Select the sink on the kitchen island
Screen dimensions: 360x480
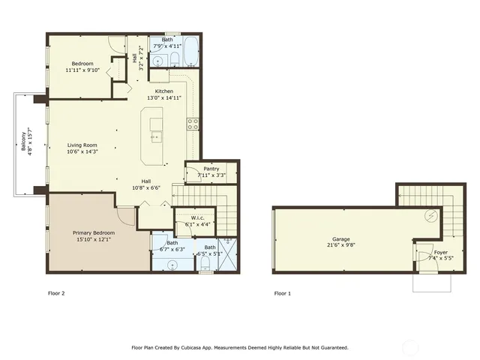[156, 136]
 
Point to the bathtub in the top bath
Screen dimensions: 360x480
[188, 55]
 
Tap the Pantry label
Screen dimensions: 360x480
[211, 169]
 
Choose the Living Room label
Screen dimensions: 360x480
[83, 145]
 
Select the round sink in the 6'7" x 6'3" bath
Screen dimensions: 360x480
[172, 263]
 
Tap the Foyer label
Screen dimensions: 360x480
[441, 252]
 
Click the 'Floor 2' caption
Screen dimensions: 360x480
[57, 293]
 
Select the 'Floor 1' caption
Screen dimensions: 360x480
[283, 293]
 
